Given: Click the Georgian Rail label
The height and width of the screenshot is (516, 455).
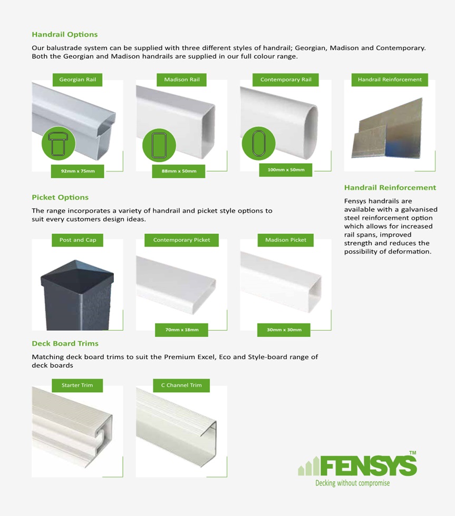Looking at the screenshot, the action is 78,80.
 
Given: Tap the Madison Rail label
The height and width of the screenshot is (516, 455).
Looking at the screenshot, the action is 181,80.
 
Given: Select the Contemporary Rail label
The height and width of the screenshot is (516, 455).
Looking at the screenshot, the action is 286,80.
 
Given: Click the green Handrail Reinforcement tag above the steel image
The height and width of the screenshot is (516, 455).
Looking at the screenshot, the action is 390,80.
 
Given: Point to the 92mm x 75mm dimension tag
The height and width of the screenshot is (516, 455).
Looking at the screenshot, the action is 78,171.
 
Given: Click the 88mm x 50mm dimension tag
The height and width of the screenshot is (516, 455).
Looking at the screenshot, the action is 179,171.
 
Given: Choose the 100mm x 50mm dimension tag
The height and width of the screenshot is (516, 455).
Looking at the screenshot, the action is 286,170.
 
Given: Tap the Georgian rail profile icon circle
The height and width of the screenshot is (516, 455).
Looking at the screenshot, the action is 59,143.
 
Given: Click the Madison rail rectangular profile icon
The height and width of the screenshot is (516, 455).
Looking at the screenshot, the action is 159,145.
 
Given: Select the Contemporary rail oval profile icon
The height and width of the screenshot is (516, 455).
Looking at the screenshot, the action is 259,143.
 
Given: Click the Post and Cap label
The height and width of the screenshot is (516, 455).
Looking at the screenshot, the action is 78,240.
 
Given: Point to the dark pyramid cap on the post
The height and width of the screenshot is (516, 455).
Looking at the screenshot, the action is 77,276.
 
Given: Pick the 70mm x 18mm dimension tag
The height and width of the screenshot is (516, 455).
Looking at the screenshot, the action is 181,330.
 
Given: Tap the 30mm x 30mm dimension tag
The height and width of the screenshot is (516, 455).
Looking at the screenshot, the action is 284,330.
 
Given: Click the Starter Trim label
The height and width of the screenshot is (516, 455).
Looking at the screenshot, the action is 77,385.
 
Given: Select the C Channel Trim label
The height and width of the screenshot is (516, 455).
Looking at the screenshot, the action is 181,385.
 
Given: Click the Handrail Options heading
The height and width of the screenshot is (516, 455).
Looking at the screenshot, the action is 64,35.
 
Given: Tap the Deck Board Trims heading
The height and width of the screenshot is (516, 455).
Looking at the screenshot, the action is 65,343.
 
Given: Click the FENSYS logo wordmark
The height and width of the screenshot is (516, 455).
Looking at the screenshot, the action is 368,465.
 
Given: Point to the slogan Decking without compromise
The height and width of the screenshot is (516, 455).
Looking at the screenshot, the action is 353,483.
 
